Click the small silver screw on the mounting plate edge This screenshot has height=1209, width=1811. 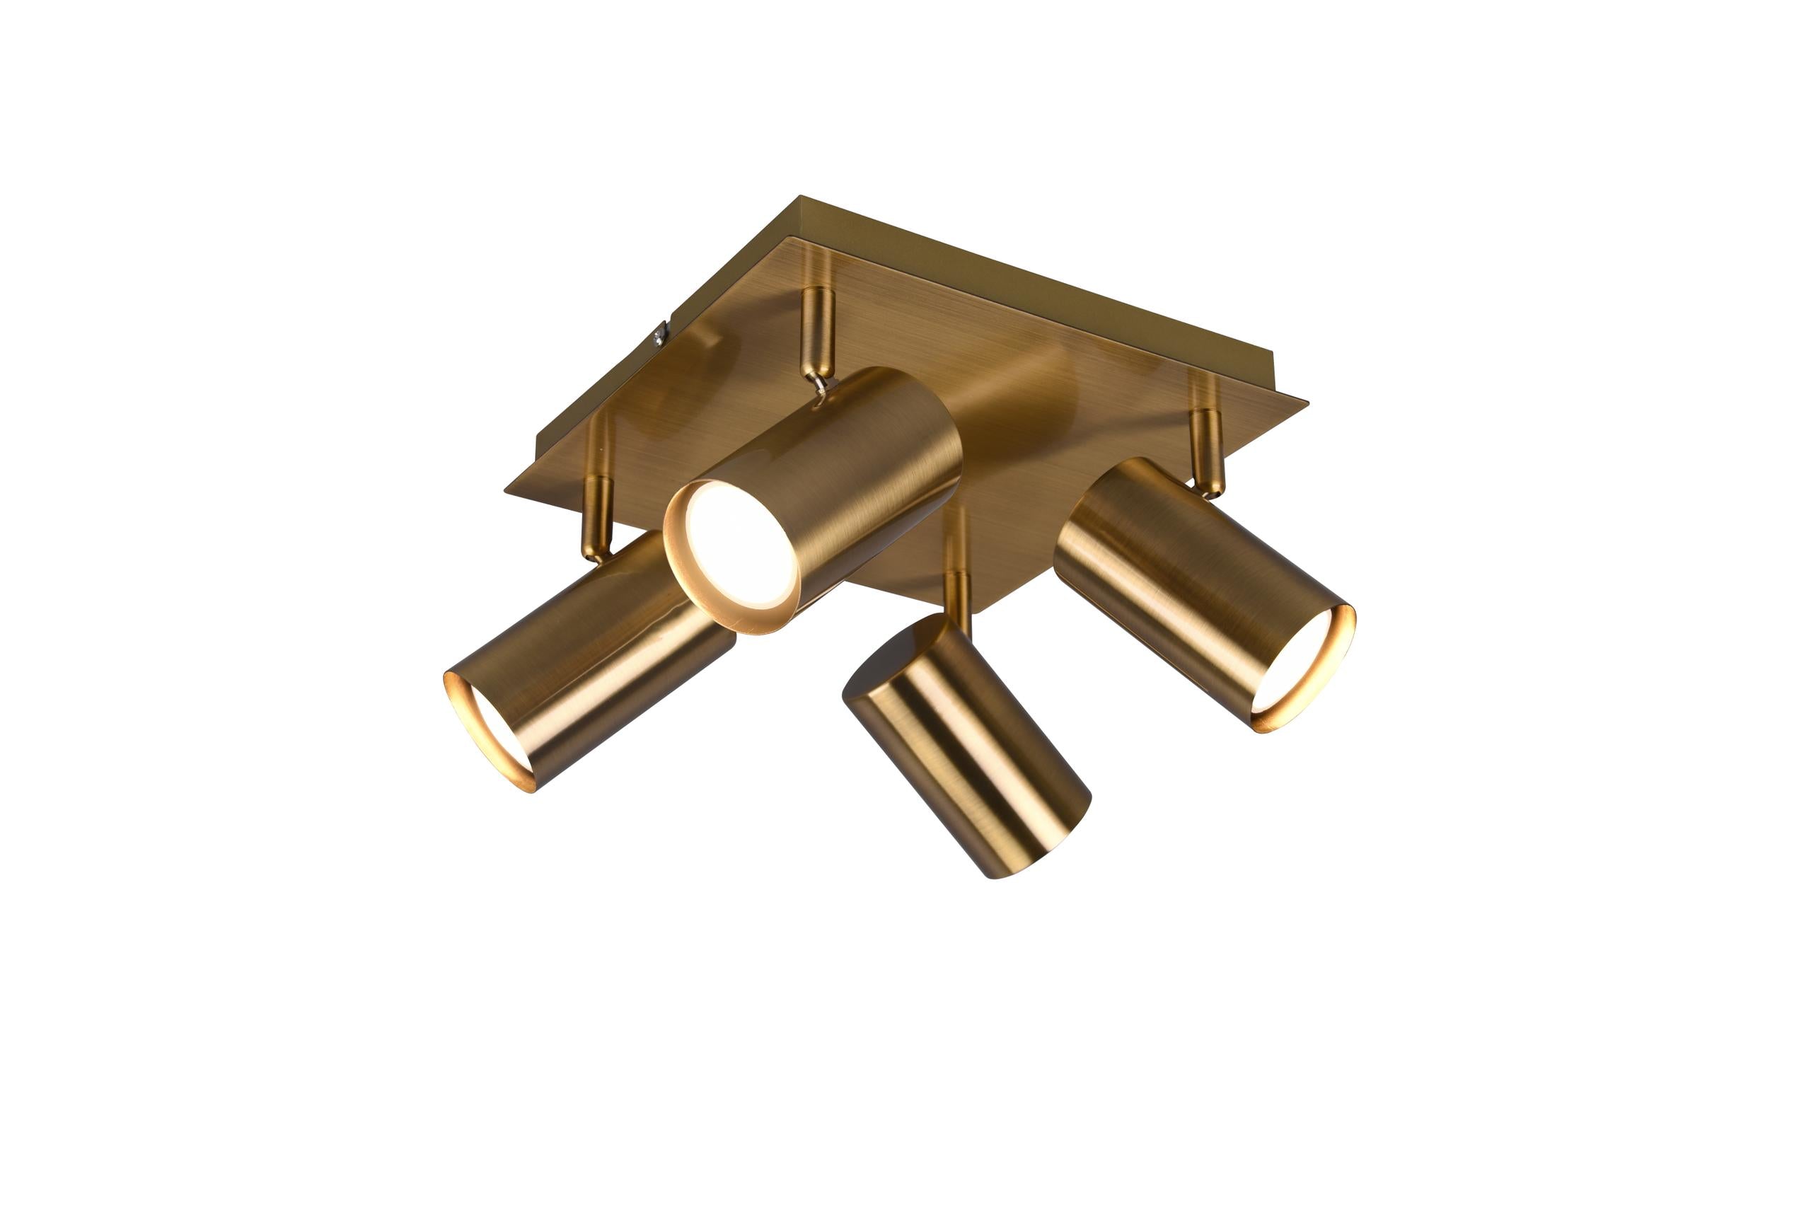point(660,334)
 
